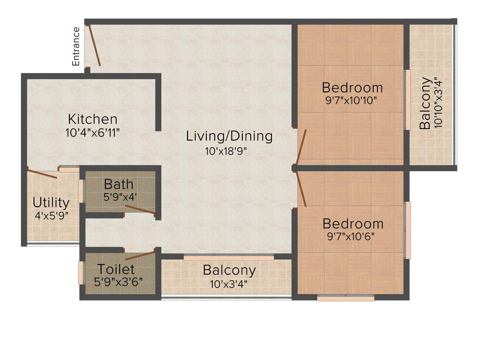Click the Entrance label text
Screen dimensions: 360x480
(x=76, y=46)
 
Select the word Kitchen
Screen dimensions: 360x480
(x=92, y=119)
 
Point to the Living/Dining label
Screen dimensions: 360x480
(x=229, y=136)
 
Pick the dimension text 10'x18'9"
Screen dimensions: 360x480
(x=225, y=151)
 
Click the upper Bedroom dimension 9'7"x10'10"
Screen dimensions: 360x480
(x=352, y=100)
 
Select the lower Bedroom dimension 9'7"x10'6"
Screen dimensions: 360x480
(x=352, y=236)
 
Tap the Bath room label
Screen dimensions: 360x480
(x=119, y=184)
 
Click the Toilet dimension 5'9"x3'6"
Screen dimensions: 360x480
(x=119, y=283)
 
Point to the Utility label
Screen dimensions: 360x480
(x=51, y=203)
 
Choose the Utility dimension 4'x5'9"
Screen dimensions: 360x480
(x=51, y=216)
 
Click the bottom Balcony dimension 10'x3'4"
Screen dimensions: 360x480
(x=230, y=284)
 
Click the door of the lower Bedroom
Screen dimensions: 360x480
(x=301, y=188)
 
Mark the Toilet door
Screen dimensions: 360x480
(x=140, y=255)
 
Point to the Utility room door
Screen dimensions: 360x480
(x=42, y=174)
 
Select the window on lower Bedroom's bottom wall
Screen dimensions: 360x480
(x=345, y=297)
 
